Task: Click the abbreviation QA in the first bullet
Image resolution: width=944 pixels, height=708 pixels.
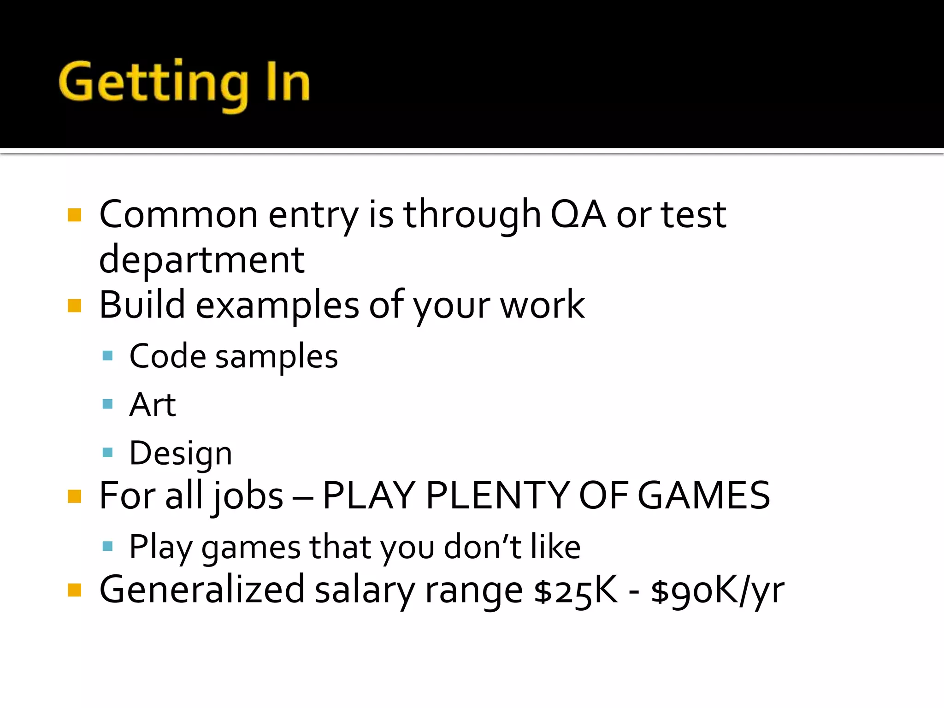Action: click(578, 215)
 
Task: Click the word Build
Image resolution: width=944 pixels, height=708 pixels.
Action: click(142, 305)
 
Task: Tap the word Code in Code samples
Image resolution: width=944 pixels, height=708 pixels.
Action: click(167, 356)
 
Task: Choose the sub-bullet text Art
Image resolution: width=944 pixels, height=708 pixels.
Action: click(153, 405)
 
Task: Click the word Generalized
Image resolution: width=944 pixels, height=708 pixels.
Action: click(202, 590)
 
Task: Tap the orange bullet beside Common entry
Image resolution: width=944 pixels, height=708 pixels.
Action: click(74, 215)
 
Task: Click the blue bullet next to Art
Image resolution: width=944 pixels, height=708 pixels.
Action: click(108, 404)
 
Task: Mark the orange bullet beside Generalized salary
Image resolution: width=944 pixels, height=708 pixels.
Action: click(74, 590)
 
